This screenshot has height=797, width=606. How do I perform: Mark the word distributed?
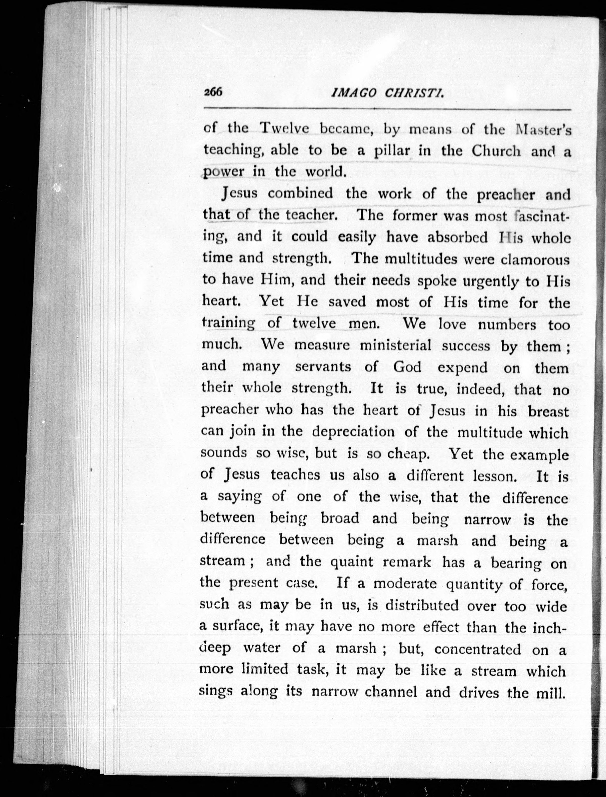click(x=422, y=605)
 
